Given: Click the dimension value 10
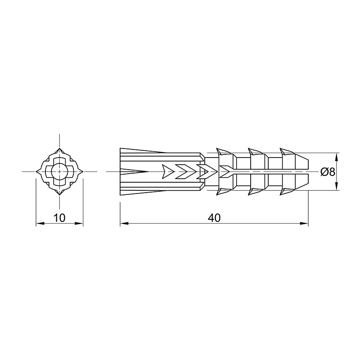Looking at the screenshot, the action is pyautogui.click(x=59, y=218).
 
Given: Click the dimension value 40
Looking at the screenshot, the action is pyautogui.click(x=214, y=218).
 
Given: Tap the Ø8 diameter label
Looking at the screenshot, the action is pyautogui.click(x=328, y=172).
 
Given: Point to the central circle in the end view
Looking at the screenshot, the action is pyautogui.click(x=59, y=171).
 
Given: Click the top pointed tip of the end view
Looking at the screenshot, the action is pyautogui.click(x=60, y=148).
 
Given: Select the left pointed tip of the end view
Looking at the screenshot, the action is pyautogui.click(x=36, y=171).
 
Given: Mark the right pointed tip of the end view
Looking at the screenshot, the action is pyautogui.click(x=83, y=171).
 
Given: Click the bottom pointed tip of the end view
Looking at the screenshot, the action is pyautogui.click(x=60, y=195).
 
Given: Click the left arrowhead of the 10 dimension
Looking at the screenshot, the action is pyautogui.click(x=40, y=223).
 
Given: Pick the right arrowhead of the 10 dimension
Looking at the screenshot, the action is pyautogui.click(x=79, y=223).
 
